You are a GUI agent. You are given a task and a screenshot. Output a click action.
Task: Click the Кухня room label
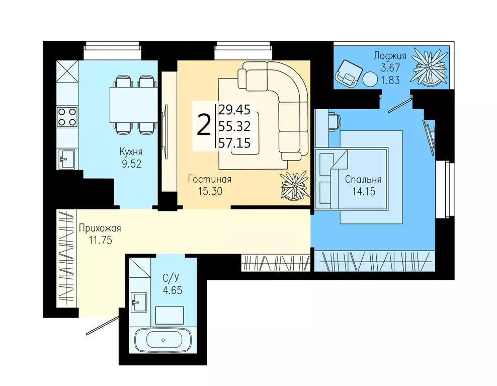pos(131,151)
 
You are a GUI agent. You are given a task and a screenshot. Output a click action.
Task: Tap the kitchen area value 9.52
pos(131,164)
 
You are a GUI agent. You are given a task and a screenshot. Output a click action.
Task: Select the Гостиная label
pos(209,179)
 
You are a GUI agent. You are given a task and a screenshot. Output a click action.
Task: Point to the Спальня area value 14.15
pos(363,191)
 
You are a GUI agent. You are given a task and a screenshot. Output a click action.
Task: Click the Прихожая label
pos(100,228)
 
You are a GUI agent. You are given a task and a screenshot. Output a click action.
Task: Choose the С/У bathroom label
pos(172,278)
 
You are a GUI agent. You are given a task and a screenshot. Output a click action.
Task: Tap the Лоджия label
pos(390,56)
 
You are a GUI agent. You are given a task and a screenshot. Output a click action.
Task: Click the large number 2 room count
pos(204,125)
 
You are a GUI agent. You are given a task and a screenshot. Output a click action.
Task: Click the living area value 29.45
pos(234,110)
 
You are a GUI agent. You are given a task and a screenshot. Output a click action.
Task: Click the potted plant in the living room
pos(295,186)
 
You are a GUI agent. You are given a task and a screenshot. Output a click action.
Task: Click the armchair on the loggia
pos(348,73)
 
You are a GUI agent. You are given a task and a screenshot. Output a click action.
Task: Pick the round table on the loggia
pos(371,79)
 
